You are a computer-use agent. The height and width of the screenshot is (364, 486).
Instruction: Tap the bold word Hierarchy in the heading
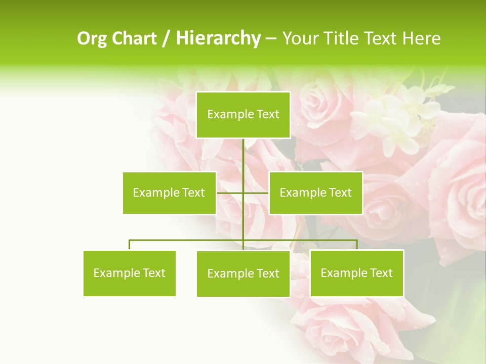(x=218, y=38)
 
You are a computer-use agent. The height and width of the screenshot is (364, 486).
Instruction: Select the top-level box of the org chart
(x=243, y=115)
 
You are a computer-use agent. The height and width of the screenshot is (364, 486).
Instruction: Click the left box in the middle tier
(x=169, y=193)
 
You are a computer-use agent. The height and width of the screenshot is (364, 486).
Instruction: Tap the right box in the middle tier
(x=316, y=193)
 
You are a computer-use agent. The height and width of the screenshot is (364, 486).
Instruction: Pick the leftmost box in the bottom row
(x=130, y=273)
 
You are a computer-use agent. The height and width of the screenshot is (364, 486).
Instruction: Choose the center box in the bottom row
(x=243, y=274)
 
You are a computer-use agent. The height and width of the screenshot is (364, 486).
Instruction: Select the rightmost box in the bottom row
(x=357, y=273)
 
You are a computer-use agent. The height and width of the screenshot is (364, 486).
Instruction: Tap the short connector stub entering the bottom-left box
(x=130, y=245)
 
